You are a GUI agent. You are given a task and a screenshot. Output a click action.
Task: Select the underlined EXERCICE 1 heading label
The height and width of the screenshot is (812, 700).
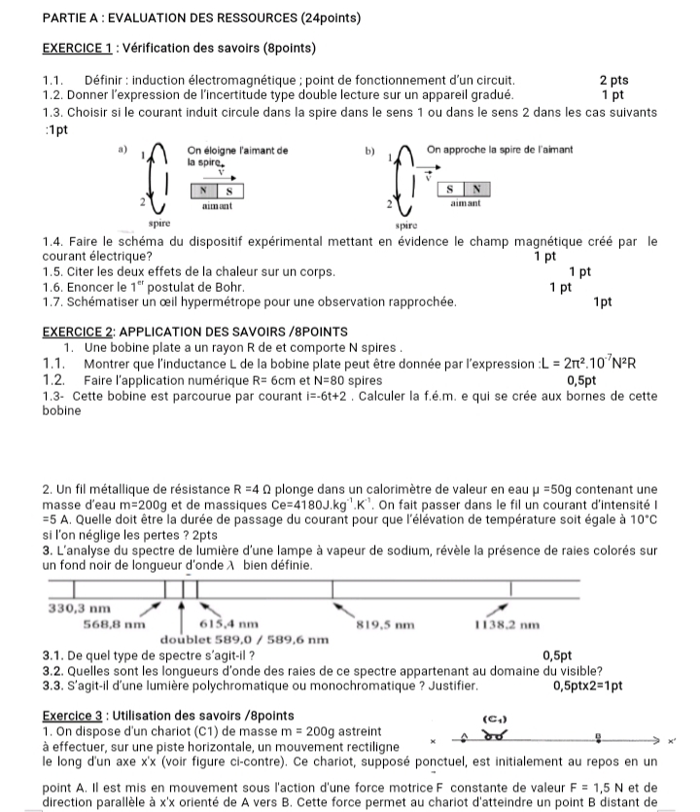point(82,49)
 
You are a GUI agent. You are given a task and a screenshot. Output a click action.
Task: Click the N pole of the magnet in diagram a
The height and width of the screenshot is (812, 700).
point(204,191)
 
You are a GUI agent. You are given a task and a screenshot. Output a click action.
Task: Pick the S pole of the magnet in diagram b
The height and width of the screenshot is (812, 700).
point(451,188)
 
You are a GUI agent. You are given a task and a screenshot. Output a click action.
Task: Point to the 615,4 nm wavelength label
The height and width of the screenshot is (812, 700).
point(227,624)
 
